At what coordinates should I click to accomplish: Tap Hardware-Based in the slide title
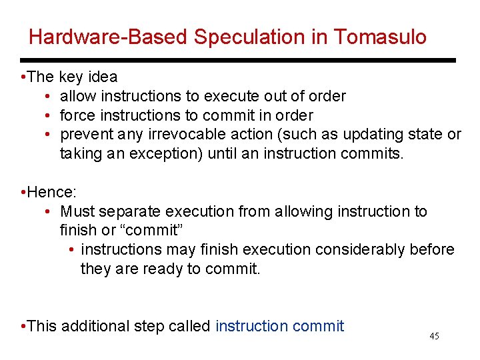click(109, 37)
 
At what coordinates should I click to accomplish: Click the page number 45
click(434, 337)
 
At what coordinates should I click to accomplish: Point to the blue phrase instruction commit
click(280, 326)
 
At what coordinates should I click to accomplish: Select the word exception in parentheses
click(169, 153)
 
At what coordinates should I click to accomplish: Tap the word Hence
click(51, 193)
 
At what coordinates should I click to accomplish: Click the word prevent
click(85, 135)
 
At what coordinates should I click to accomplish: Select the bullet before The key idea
click(23, 77)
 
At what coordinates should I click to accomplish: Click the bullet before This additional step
click(23, 326)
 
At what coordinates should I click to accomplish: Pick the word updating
click(373, 135)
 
